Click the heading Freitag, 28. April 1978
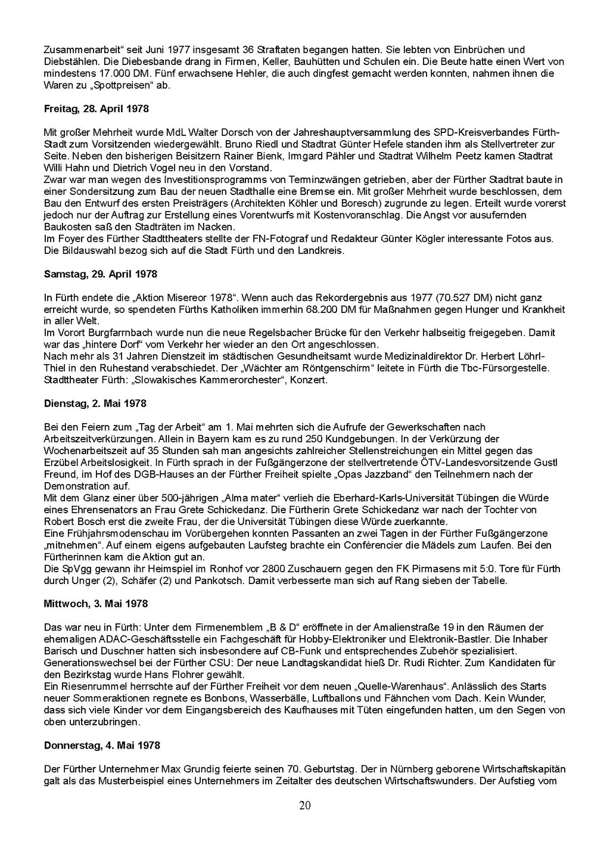[x=97, y=109]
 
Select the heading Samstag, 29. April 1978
[x=101, y=274]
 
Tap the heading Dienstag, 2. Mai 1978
[x=95, y=403]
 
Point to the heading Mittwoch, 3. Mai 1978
[x=96, y=604]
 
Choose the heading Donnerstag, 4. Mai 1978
[x=102, y=746]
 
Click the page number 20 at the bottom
[x=304, y=806]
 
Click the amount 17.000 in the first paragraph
[x=111, y=73]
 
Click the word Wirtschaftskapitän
[x=521, y=769]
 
